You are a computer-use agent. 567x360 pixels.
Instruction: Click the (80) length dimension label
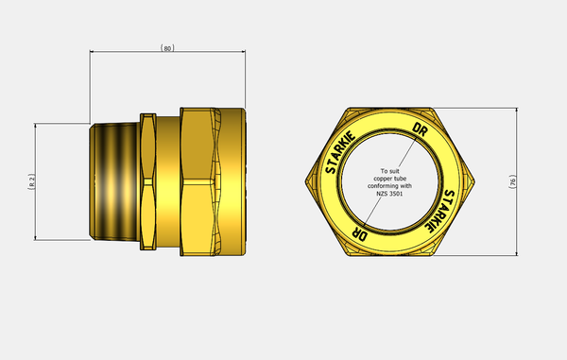(167, 48)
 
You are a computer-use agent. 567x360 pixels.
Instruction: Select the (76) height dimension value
(513, 181)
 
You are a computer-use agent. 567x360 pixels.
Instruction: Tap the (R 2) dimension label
(32, 181)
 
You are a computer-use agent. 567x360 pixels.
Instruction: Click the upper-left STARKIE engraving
(340, 152)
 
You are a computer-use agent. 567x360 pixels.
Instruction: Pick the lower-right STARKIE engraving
(438, 211)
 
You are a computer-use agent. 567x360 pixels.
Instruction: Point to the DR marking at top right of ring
(421, 129)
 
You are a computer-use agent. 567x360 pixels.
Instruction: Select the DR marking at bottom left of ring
(360, 233)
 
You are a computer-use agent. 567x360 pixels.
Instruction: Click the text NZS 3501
(389, 194)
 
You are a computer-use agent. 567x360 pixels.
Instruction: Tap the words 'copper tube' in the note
(389, 179)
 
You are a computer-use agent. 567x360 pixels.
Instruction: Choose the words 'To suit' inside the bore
(389, 171)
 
